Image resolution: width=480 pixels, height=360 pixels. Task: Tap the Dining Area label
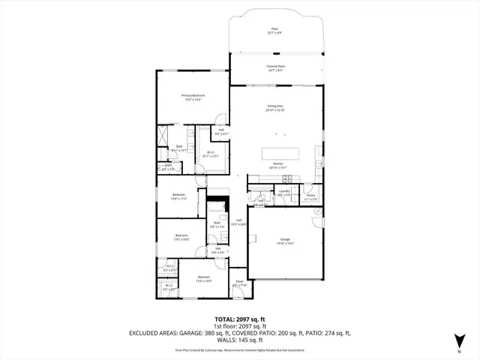pyautogui.click(x=276, y=108)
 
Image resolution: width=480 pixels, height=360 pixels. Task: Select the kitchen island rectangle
pyautogui.click(x=280, y=153)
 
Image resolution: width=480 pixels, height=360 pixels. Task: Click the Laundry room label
pyautogui.click(x=284, y=193)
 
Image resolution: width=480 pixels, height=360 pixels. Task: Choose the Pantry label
pyautogui.click(x=310, y=198)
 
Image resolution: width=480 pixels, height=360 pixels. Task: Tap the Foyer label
pyautogui.click(x=238, y=283)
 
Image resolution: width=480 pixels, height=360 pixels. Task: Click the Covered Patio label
pyautogui.click(x=276, y=68)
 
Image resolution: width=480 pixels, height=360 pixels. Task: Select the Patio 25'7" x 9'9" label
pyautogui.click(x=276, y=31)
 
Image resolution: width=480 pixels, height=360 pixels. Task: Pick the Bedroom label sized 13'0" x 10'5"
pyautogui.click(x=181, y=238)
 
